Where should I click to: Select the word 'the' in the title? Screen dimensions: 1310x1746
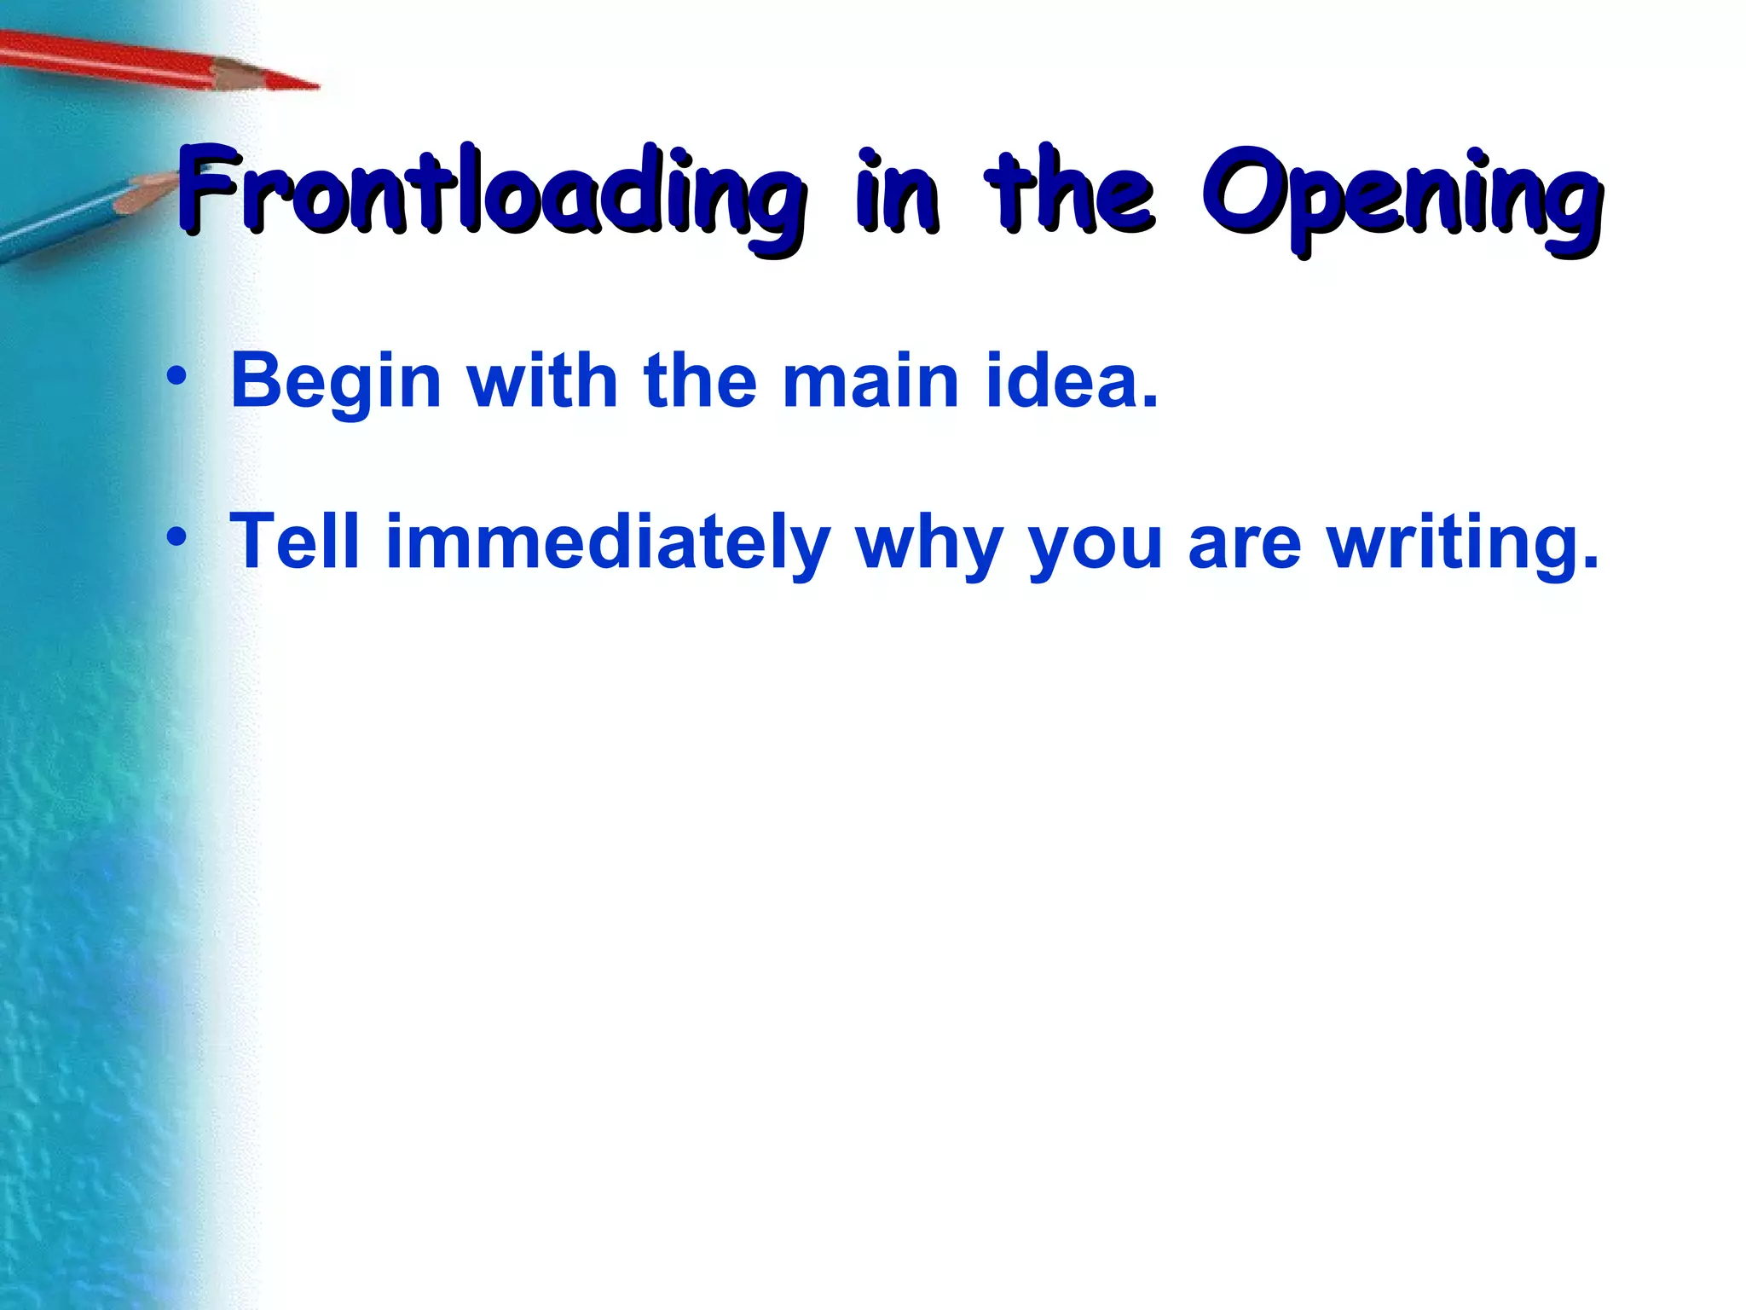tap(1070, 192)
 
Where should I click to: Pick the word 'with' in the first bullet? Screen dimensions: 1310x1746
tap(542, 380)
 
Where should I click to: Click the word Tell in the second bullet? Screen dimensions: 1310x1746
tap(295, 542)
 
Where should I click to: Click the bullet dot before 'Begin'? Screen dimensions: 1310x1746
tap(176, 376)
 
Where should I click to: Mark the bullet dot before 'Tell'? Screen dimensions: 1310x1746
tap(176, 537)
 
